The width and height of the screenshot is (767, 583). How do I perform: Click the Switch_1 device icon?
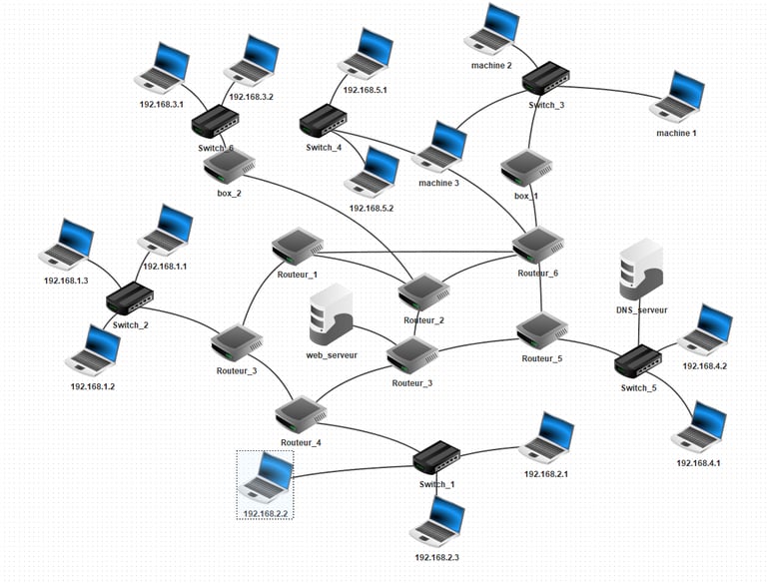(x=436, y=457)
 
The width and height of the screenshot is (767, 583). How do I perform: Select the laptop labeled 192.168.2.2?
(x=265, y=477)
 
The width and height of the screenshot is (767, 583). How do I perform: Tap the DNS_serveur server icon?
(x=641, y=270)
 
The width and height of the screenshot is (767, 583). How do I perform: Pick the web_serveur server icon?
(x=332, y=314)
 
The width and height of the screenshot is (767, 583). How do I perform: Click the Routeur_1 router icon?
(x=298, y=247)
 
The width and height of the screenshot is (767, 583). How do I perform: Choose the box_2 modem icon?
(x=229, y=167)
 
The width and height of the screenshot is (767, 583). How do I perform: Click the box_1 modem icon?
(x=526, y=168)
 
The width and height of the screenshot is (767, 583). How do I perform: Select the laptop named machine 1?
(x=677, y=97)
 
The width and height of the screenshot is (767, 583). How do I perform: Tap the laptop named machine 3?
(x=439, y=147)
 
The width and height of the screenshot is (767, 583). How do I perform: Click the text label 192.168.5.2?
(x=372, y=208)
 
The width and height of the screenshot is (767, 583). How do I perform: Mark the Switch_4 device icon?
(x=324, y=121)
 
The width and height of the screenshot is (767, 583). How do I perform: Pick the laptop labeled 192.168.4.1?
(x=698, y=427)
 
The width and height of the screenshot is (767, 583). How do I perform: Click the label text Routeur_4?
(x=301, y=442)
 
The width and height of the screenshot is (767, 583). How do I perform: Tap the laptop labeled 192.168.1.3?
(x=67, y=245)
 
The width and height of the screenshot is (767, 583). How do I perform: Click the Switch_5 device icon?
(x=638, y=361)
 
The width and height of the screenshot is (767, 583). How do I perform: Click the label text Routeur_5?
(x=542, y=358)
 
